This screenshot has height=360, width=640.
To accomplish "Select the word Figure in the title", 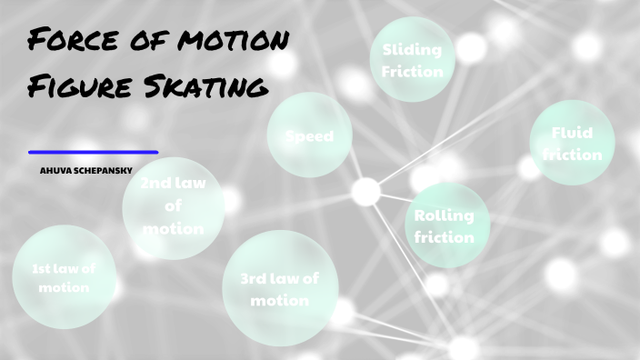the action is [77, 87].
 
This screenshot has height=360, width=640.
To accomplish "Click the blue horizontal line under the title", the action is [93, 153].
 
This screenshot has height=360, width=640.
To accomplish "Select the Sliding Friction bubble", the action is [412, 60].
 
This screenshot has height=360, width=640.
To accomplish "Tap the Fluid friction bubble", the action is [572, 143].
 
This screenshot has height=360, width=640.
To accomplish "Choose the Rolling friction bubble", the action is [445, 225].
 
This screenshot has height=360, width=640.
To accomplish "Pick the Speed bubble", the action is [309, 136].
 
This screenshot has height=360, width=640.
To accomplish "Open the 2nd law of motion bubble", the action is [173, 206].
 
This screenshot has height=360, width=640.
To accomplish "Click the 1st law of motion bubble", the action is [65, 276].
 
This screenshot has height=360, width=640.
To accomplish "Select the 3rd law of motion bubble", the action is [279, 288].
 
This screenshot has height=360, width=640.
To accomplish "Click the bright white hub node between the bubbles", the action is [365, 191].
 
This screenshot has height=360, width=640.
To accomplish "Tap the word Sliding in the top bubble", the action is [412, 50].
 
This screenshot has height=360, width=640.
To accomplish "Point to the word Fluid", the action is [572, 133].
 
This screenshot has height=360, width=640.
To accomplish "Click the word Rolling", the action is [445, 216].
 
